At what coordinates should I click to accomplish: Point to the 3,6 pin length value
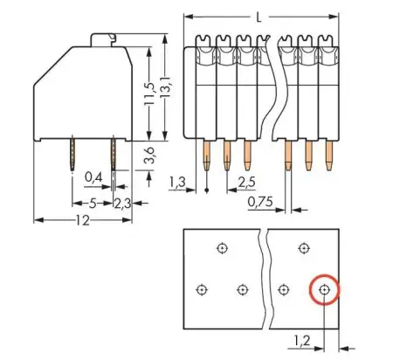[150, 156]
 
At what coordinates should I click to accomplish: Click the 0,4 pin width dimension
[93, 178]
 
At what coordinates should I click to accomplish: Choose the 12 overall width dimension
[80, 222]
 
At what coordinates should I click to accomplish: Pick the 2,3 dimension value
[124, 204]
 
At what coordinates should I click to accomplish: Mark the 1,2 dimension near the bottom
[302, 339]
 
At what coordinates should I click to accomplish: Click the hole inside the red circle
[324, 288]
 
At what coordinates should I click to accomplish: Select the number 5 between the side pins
[92, 204]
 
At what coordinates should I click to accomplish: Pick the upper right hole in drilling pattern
[303, 248]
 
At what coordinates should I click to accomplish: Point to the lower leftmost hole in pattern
[202, 289]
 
